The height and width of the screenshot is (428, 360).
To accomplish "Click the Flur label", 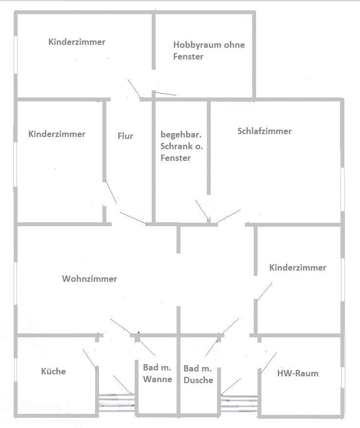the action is [x=125, y=136].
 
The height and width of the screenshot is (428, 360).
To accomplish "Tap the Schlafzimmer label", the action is [x=264, y=131].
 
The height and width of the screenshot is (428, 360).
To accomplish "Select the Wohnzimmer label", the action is [x=89, y=279].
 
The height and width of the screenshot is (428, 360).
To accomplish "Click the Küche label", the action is [x=53, y=371].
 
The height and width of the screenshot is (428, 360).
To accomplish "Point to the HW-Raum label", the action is [x=298, y=373].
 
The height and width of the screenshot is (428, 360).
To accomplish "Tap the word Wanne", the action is [x=157, y=379].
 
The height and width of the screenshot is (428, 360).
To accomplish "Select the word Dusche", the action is [x=198, y=380].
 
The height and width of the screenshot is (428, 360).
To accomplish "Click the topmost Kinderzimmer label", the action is [x=77, y=42].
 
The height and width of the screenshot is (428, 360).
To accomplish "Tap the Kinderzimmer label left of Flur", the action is [x=57, y=134].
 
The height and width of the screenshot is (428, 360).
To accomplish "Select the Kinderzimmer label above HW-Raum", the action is [x=298, y=268].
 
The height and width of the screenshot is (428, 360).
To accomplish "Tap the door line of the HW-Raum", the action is [x=269, y=363].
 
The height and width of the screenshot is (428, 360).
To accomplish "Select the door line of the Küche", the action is [x=89, y=359].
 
